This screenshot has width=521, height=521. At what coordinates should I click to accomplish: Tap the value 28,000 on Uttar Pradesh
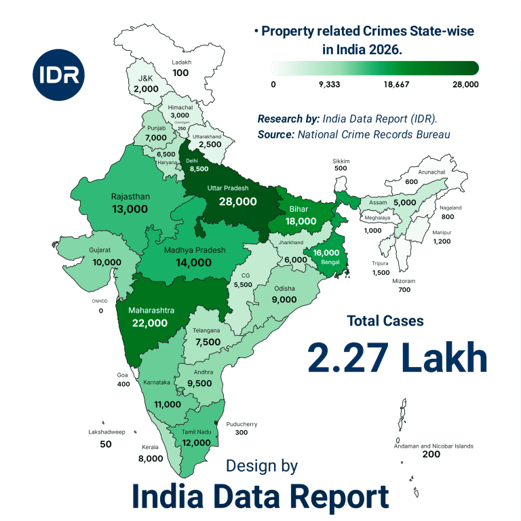[237, 201]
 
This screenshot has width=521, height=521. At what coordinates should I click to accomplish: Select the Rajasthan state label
[130, 197]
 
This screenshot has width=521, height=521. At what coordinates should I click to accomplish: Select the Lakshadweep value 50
[105, 444]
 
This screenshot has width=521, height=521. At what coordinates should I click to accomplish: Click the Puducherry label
[242, 424]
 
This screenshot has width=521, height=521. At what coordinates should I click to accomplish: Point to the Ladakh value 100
[180, 73]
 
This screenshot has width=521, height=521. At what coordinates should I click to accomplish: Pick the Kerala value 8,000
[150, 458]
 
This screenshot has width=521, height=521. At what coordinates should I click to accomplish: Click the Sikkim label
[341, 161]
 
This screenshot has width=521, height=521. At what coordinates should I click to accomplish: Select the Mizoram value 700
[404, 290]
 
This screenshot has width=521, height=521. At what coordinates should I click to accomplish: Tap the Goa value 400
[123, 384]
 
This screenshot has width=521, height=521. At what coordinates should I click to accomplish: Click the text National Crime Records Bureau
[374, 134]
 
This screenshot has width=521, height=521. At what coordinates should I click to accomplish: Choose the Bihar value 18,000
[301, 221]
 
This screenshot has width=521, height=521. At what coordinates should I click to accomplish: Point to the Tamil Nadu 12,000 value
[196, 442]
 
